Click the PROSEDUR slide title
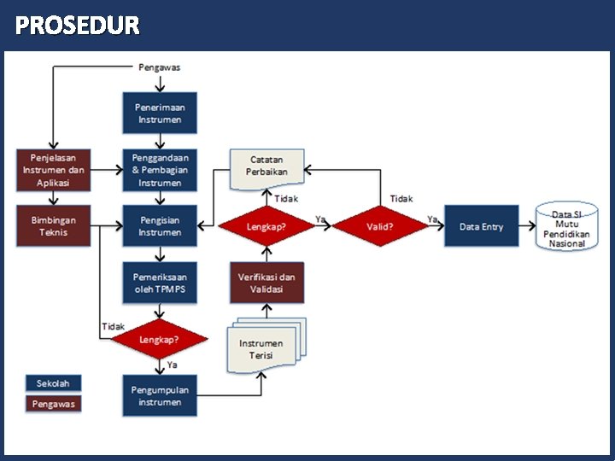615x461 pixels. pos(77,26)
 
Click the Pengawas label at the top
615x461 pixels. pos(160,67)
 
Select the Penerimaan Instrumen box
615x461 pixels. pos(160,113)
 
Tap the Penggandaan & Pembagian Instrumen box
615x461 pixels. pos(160,170)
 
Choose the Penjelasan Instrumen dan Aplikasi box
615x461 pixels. pos(53,170)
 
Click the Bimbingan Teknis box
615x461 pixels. pos(53,226)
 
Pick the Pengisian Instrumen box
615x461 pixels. pos(160,226)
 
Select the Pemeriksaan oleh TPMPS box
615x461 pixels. pos(160,283)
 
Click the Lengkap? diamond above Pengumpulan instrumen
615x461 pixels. pos(160,339)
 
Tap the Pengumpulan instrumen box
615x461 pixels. pos(160,395)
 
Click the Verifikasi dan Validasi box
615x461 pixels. pos(266,283)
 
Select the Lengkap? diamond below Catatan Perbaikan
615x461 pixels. pos(266,227)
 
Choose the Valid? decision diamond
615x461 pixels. pos(379,227)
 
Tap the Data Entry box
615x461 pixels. pos(481,226)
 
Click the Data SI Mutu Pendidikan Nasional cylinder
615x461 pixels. pos(566,226)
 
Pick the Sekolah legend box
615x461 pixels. pos(53,383)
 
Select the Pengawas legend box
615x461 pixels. pos(53,404)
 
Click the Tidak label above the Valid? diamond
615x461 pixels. pos(401,198)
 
